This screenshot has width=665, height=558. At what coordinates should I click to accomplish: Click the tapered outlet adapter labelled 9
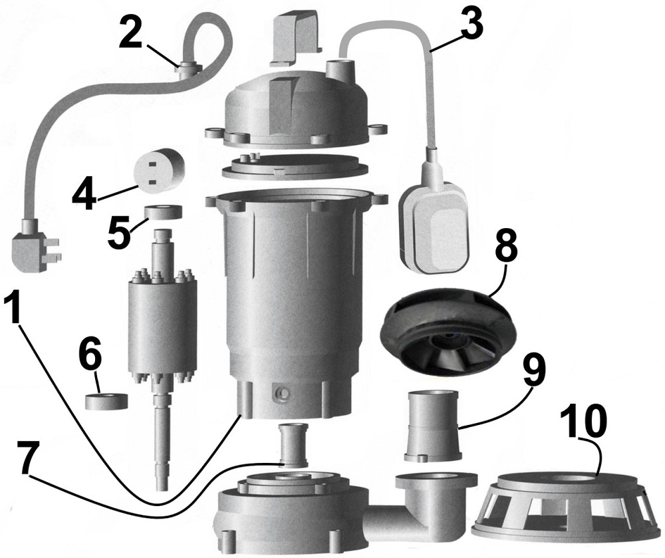coord(432,426)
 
